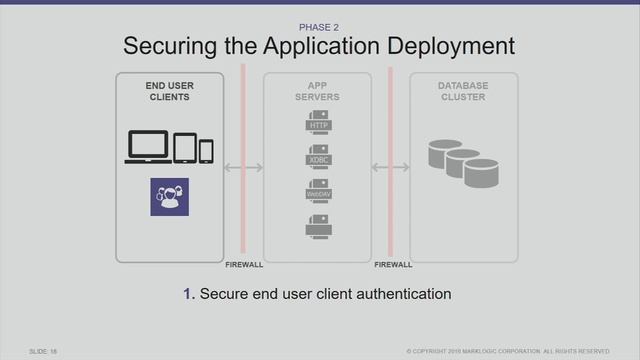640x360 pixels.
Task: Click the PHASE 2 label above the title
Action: [319, 27]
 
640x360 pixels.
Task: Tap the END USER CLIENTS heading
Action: [169, 92]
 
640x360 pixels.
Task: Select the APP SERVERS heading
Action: [318, 92]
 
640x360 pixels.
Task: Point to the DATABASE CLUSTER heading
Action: [464, 92]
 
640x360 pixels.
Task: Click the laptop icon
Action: [148, 147]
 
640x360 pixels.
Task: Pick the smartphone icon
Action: [206, 151]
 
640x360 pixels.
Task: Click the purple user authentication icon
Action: [169, 197]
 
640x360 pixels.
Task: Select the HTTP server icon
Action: [318, 123]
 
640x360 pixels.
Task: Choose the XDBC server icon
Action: [318, 157]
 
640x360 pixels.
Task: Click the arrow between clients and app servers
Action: [243, 168]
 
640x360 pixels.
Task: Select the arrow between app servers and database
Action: [390, 168]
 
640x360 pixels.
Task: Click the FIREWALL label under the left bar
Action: [243, 265]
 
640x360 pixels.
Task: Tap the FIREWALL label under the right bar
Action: [392, 265]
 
